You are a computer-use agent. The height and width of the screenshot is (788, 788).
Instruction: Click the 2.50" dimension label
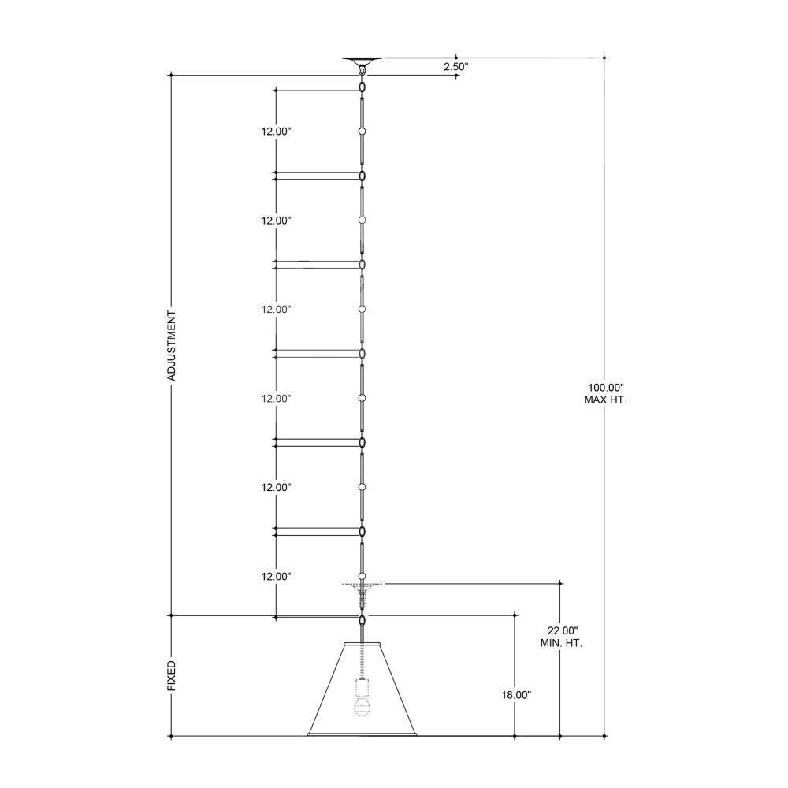pos(455,66)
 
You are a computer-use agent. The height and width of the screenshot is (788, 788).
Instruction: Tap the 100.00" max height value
pos(605,388)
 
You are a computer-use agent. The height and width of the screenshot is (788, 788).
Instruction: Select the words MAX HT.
pos(605,400)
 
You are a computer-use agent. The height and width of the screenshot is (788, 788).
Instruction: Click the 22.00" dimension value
pos(563,630)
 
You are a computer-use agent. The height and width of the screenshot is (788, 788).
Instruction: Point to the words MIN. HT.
pos(561,643)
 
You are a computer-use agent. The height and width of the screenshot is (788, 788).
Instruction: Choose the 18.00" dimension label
pos(516,695)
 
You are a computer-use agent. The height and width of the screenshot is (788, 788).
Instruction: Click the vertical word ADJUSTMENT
pos(172,346)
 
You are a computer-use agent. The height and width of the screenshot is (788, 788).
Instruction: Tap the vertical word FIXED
pos(172,676)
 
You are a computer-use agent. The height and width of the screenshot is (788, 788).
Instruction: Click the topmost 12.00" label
pos(276,132)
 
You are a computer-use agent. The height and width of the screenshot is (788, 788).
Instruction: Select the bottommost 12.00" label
pos(276,577)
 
